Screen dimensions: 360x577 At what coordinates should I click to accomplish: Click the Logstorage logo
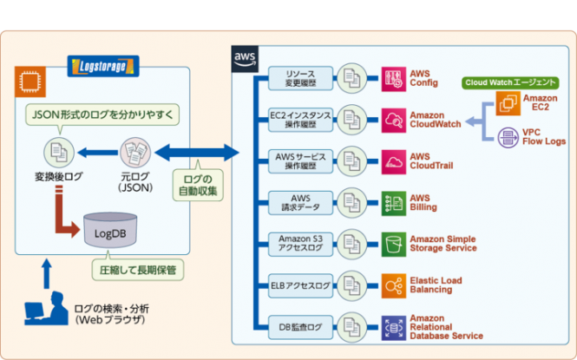click(103, 64)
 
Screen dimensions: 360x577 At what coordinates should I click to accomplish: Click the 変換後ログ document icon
click(57, 154)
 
